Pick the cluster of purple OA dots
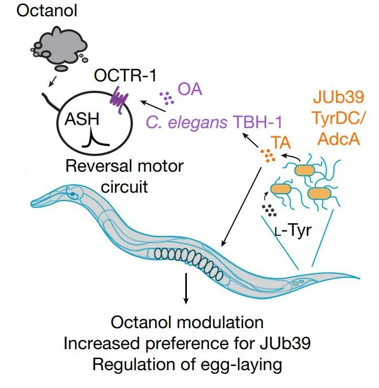(x=167, y=96)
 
